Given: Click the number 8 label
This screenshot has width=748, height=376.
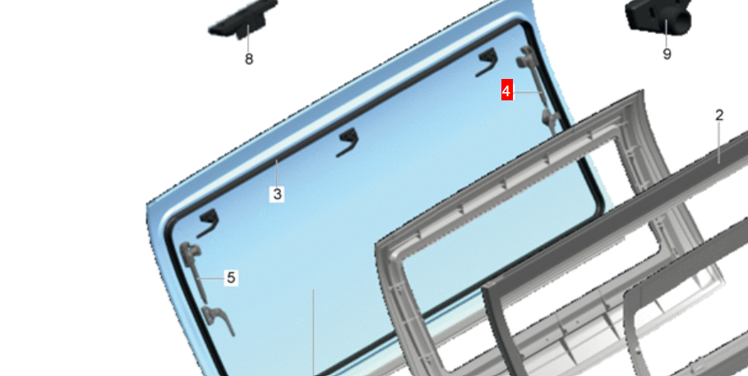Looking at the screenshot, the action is tap(248, 59).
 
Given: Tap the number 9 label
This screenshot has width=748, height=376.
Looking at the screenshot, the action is tap(667, 54).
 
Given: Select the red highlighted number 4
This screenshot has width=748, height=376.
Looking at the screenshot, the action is tap(506, 91).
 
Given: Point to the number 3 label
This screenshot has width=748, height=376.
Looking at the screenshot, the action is tap(277, 194).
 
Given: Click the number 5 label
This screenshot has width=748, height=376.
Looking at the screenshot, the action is tap(231, 277).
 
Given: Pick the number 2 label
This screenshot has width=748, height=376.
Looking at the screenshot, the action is tap(719, 115).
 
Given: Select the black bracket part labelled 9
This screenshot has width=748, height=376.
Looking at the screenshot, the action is tap(658, 16).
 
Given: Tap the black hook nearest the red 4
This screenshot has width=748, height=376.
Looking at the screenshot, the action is tap(487, 62).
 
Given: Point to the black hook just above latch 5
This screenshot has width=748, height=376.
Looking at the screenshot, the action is tap(208, 223).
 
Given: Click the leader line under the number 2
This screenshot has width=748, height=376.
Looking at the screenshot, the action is tap(719, 143).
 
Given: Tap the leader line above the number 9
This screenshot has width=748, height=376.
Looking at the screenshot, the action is tap(667, 33).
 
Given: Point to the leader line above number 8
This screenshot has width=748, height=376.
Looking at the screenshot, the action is tap(248, 39).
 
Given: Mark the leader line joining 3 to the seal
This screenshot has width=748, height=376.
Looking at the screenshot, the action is tap(277, 174).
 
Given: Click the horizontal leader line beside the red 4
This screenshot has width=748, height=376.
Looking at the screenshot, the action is tap(528, 91).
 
